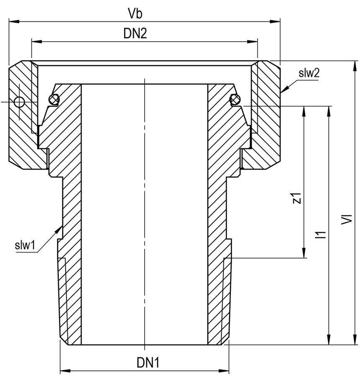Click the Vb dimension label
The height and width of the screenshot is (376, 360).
click(x=135, y=13)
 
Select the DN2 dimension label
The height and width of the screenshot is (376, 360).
click(x=135, y=33)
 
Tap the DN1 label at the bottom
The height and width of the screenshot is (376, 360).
click(x=148, y=362)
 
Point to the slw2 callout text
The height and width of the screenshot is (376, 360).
click(x=309, y=73)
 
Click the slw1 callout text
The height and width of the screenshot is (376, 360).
click(x=25, y=245)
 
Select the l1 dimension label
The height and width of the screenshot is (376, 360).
click(x=321, y=234)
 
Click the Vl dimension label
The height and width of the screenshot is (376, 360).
click(x=347, y=219)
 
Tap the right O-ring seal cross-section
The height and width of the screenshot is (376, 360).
click(x=235, y=99)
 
